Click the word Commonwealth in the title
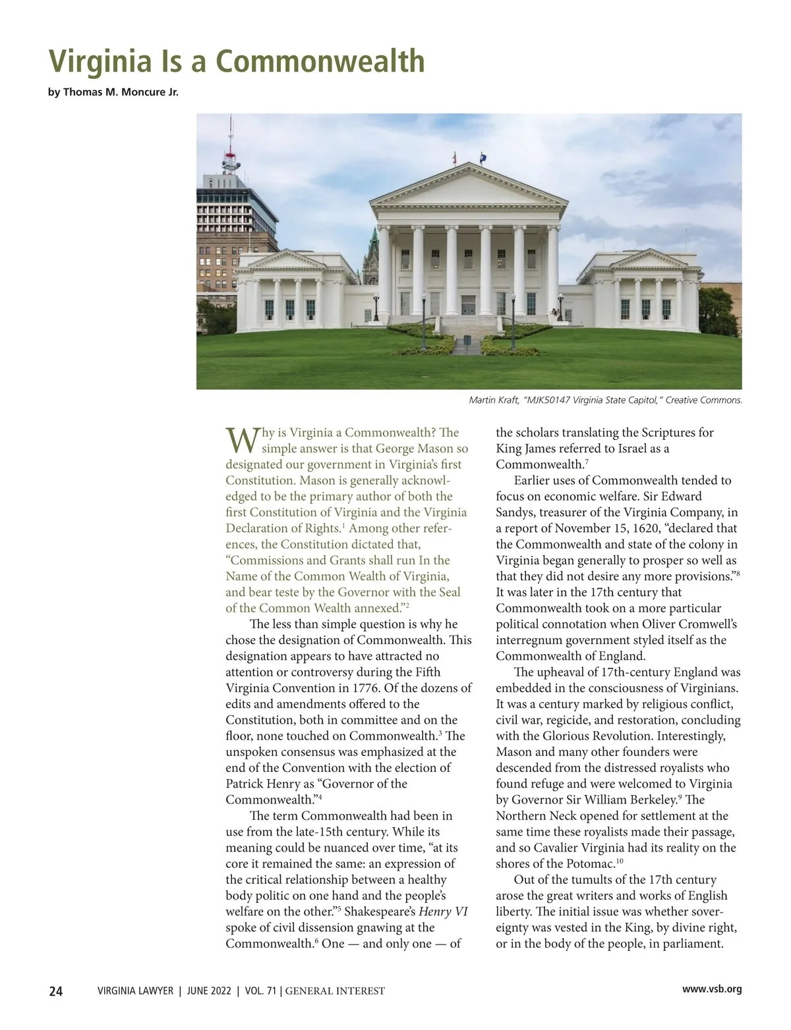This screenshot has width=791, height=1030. tap(320, 61)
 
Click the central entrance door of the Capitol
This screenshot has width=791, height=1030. tap(468, 305)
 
